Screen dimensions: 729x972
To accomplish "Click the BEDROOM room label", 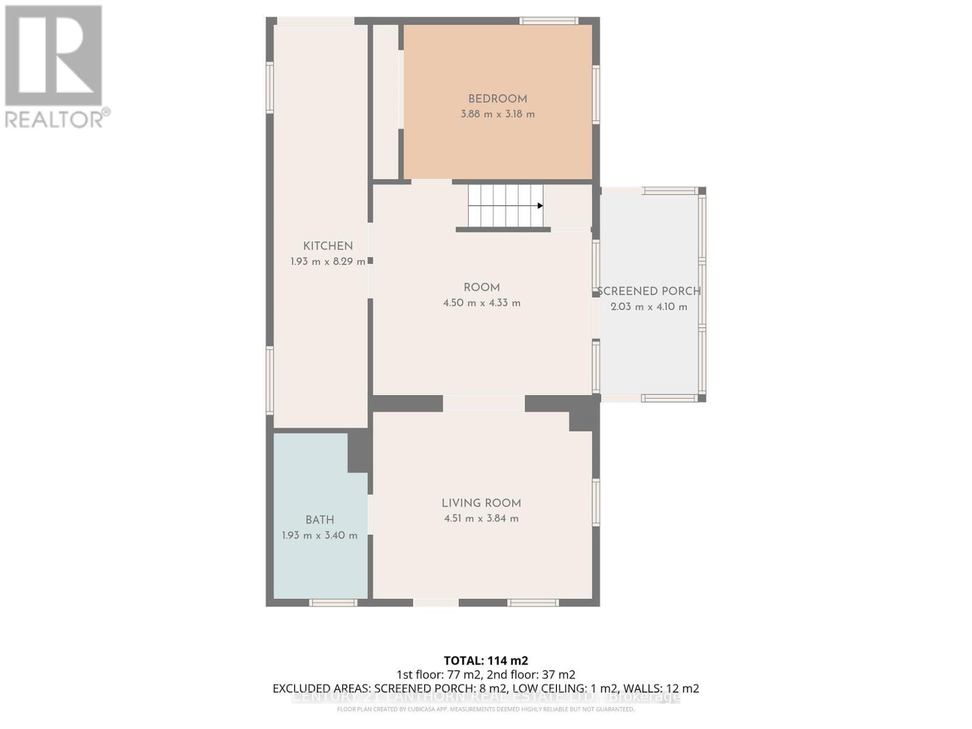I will coord(497,99).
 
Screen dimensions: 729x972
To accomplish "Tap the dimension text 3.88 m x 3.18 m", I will coord(498,114).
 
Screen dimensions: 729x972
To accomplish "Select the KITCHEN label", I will coord(328,246).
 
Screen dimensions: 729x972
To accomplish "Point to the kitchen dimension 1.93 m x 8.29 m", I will coord(328,262).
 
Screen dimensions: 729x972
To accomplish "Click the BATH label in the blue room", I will coord(320,520).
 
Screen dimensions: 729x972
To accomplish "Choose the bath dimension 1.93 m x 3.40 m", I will coord(320,536).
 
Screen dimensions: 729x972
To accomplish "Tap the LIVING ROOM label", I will coord(481,503).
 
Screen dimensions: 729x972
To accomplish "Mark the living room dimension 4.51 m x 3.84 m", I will coord(481,519).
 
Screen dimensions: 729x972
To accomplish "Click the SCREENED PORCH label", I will coord(649,292).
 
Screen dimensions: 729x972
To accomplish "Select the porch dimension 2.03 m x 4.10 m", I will coord(649,307).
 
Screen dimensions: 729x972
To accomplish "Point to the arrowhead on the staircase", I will coord(540,206).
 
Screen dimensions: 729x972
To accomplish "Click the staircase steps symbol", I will coord(504,206).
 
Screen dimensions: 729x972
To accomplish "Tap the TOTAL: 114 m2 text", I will coord(486,660).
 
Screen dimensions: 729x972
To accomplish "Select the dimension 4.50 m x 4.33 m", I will coord(482,303).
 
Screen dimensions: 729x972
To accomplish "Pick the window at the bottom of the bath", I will coord(333,603).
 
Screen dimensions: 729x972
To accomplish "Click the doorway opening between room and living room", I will coord(484,404).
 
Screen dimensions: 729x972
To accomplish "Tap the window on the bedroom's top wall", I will coord(549,21).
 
